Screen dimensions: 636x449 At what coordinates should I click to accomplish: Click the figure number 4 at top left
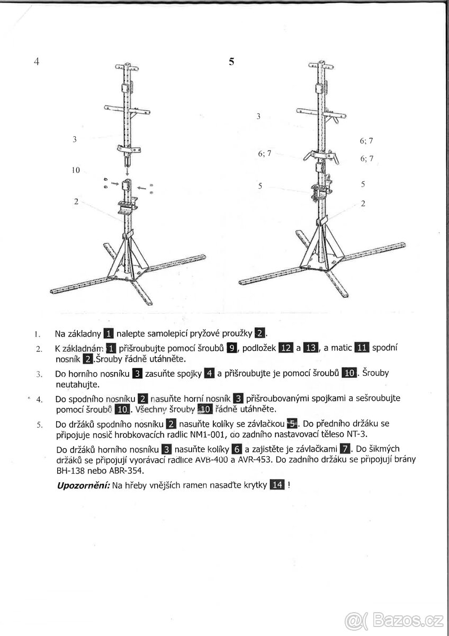click(37, 61)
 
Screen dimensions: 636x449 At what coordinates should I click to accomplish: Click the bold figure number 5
click(231, 61)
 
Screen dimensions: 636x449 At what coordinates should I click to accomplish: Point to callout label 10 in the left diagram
click(76, 170)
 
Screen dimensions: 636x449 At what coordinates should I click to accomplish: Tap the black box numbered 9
click(231, 348)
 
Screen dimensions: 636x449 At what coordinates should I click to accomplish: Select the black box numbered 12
click(286, 348)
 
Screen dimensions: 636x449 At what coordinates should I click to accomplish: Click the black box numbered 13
click(311, 348)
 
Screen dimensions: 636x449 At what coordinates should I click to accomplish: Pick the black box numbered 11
click(362, 348)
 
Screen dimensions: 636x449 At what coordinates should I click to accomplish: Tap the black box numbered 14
click(277, 484)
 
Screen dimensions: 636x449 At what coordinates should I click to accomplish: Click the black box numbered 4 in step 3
click(209, 373)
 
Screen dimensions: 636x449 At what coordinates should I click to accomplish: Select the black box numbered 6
click(237, 450)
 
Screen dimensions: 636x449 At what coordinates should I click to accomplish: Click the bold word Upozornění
click(83, 485)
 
